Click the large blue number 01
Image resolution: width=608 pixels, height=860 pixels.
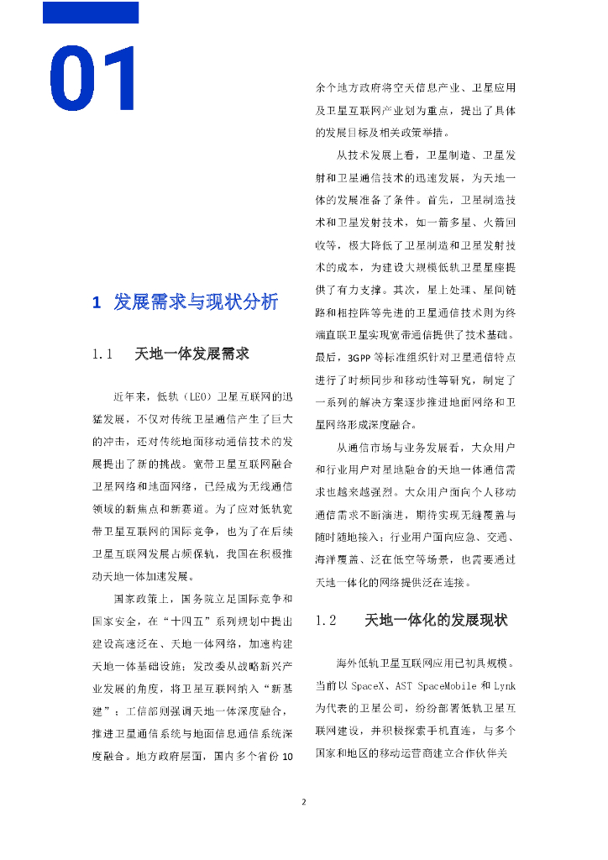[x=96, y=81]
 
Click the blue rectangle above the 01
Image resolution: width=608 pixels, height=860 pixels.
[x=91, y=13]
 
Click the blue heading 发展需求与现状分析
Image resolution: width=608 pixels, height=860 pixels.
[x=195, y=303]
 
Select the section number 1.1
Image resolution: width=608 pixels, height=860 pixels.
[x=102, y=354]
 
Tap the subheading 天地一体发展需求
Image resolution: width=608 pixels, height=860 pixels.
[x=192, y=354]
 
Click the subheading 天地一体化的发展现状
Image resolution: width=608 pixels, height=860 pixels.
[x=436, y=621]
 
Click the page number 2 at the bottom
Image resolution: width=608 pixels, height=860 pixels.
[x=304, y=801]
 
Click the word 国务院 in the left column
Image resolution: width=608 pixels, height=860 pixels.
[x=147, y=600]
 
